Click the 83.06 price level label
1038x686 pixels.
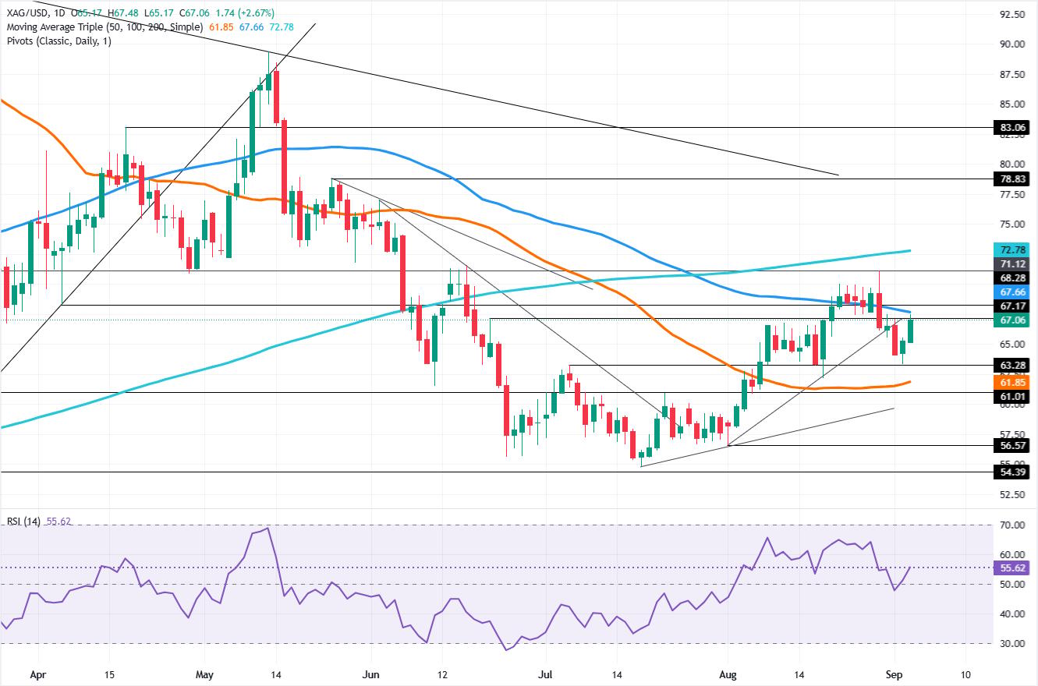coord(1012,127)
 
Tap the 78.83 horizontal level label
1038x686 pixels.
coord(1012,179)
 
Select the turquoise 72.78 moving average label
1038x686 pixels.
coord(1012,249)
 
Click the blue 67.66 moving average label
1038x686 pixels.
coord(1012,292)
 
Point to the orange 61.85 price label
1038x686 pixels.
coord(1012,382)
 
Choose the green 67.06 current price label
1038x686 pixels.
coord(1012,320)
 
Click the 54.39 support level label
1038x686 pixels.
coord(1012,472)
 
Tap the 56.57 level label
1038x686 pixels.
coord(1012,446)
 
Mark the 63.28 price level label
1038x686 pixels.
coord(1012,365)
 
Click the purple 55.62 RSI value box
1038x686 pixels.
coord(1012,568)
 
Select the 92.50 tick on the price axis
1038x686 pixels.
coord(1012,14)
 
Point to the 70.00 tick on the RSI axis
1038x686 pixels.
coord(1012,525)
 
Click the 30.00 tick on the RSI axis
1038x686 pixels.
coord(1012,643)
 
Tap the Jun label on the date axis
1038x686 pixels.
coord(370,674)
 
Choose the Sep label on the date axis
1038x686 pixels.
coord(894,674)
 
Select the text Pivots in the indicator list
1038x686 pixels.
coord(20,41)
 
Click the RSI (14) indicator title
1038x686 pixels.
coord(23,521)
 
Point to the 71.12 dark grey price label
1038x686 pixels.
coord(1012,264)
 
